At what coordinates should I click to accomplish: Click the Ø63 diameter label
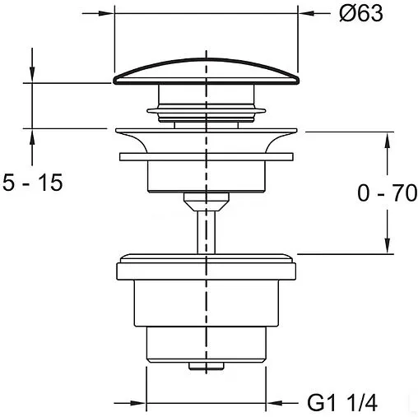click(360, 13)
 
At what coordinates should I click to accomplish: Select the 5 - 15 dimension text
click(32, 183)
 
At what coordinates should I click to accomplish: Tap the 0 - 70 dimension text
click(387, 193)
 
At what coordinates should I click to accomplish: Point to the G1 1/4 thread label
click(342, 403)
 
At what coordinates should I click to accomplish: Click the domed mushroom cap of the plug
click(207, 72)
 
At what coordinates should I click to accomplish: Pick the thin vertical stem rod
click(207, 233)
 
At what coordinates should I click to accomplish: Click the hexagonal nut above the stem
click(207, 202)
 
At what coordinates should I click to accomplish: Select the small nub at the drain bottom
click(207, 366)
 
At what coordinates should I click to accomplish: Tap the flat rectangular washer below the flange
click(207, 157)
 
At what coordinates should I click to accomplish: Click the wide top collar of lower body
click(207, 271)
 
